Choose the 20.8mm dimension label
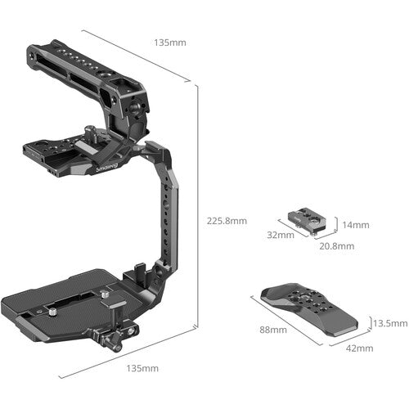336,245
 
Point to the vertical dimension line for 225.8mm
196,204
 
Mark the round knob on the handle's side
146,124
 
